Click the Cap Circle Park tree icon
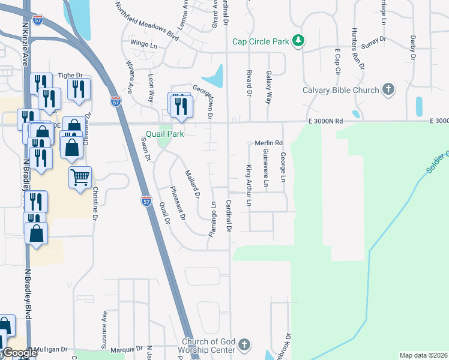click(298, 41)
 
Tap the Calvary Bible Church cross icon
click(388, 90)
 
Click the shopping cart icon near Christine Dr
click(80, 177)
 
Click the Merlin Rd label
click(268, 143)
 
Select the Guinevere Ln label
click(265, 168)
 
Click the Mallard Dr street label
click(192, 183)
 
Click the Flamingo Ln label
click(212, 219)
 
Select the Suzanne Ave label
click(105, 330)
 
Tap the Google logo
click(19, 353)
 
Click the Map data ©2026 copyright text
click(423, 355)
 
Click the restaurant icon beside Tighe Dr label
click(79, 88)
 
